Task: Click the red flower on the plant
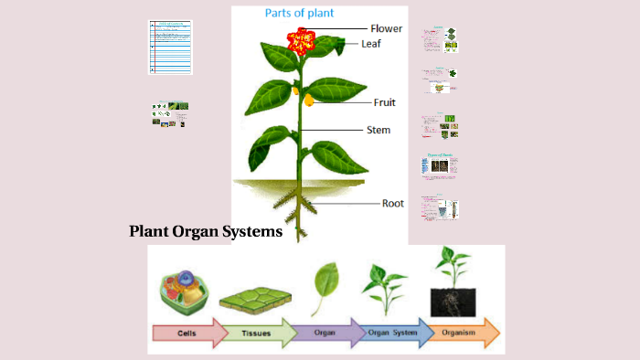pyautogui.click(x=301, y=40)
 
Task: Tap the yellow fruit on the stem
pyautogui.click(x=309, y=99)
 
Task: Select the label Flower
pyautogui.click(x=386, y=28)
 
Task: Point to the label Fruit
pyautogui.click(x=384, y=102)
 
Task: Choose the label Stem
pyautogui.click(x=379, y=130)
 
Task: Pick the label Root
pyautogui.click(x=393, y=204)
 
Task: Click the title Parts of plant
pyautogui.click(x=299, y=13)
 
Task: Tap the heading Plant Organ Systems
pyautogui.click(x=206, y=232)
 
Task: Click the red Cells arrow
pyautogui.click(x=187, y=333)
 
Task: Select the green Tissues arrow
pyautogui.click(x=256, y=333)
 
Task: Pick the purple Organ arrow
pyautogui.click(x=326, y=333)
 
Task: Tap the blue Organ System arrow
pyautogui.click(x=393, y=333)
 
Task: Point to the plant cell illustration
pyautogui.click(x=186, y=291)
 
